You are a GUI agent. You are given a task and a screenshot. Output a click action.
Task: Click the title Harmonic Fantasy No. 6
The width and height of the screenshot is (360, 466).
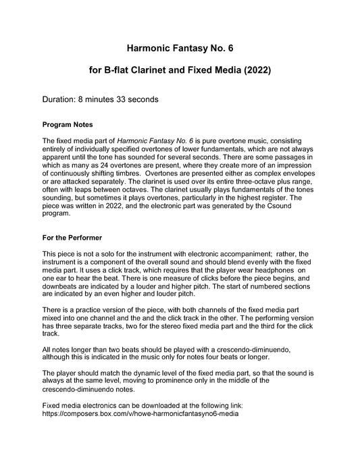[180, 49]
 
